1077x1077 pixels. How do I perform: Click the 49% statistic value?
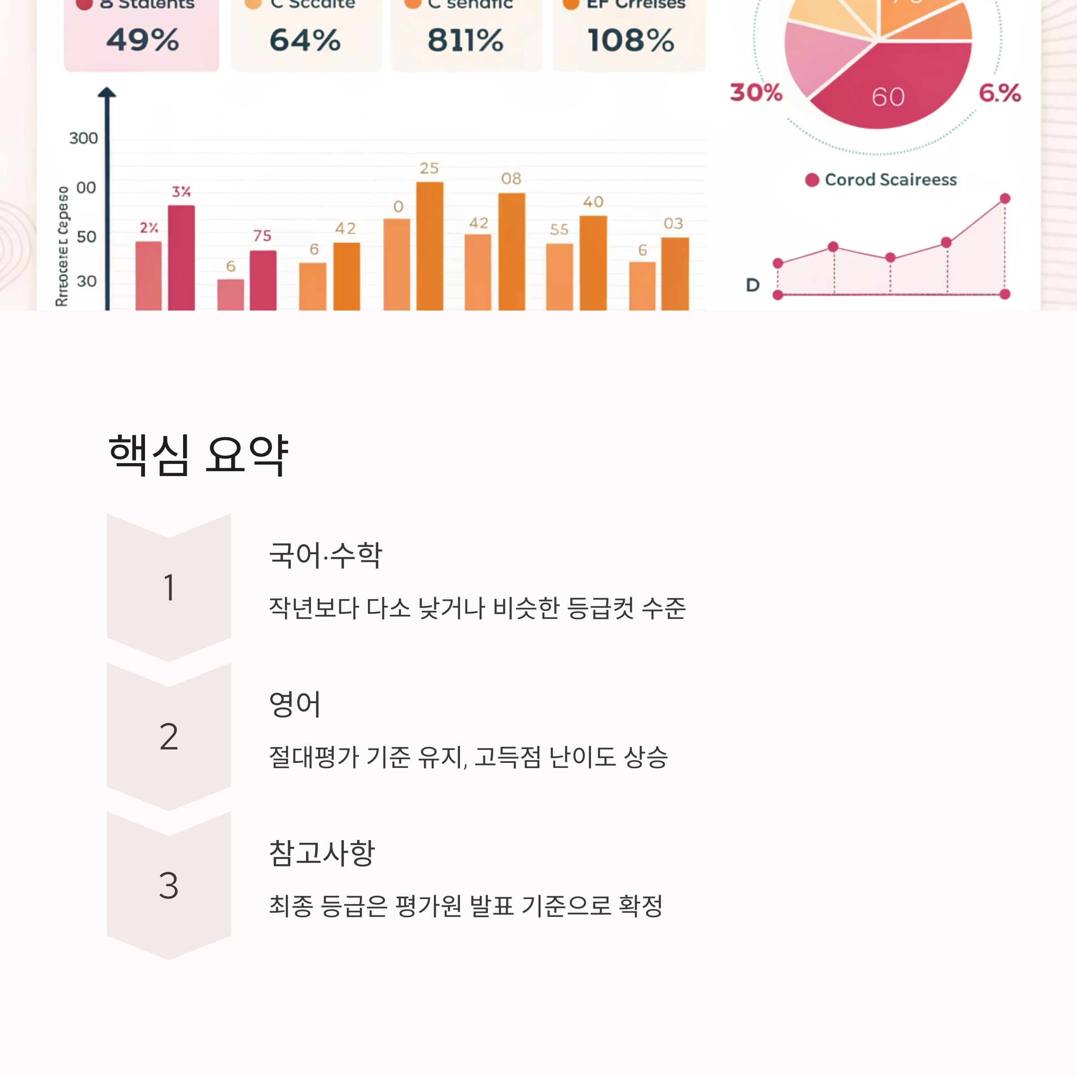tap(143, 40)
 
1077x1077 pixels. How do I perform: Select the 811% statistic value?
tap(465, 40)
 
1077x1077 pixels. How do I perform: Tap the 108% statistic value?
tap(630, 40)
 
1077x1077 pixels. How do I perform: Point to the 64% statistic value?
tap(305, 40)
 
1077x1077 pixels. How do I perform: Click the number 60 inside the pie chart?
tap(888, 97)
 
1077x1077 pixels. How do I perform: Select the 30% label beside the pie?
tap(756, 92)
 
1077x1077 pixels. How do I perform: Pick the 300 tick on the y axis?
tap(83, 138)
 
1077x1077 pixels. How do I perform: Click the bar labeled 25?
tap(430, 245)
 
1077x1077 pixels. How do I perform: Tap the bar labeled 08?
tap(511, 251)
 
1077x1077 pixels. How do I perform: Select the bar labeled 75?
tap(263, 280)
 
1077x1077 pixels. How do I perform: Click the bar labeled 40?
tap(593, 262)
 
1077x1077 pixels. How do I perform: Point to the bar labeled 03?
tap(674, 273)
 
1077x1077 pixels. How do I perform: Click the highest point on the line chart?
tap(1005, 198)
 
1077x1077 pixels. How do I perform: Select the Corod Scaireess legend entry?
tap(881, 179)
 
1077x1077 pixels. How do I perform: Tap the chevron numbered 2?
tap(168, 736)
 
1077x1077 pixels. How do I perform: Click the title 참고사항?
tap(322, 853)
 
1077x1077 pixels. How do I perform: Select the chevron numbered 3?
tap(168, 885)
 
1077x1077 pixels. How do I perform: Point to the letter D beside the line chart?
tap(753, 285)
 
